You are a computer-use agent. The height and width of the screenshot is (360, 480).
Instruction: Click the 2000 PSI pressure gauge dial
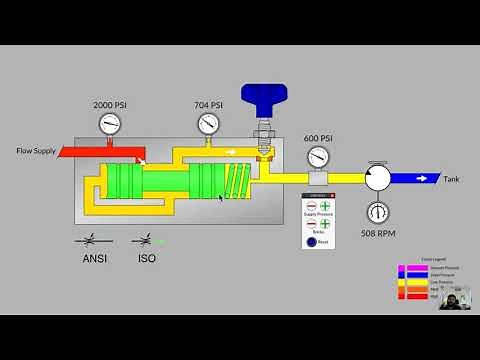pyautogui.click(x=111, y=124)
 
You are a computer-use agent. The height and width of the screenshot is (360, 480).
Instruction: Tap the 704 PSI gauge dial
pyautogui.click(x=208, y=124)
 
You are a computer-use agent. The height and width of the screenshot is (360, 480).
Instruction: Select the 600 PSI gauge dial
pyautogui.click(x=317, y=157)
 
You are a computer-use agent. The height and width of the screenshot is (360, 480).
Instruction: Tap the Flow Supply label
pyautogui.click(x=37, y=151)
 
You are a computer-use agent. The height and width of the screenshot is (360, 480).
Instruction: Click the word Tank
pyautogui.click(x=452, y=179)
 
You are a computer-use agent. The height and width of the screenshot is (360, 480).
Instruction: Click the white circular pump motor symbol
pyautogui.click(x=378, y=178)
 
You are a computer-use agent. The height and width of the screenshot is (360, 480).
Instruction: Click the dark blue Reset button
pyautogui.click(x=311, y=241)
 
